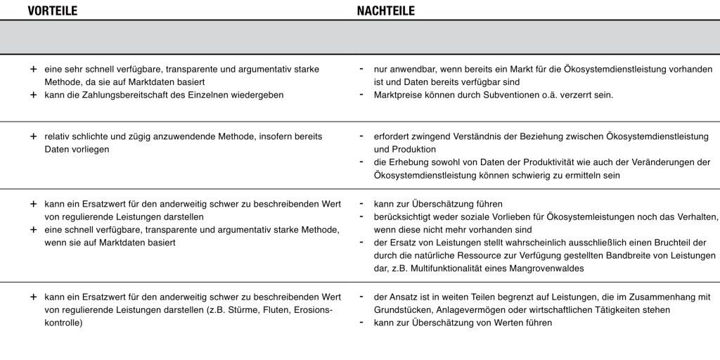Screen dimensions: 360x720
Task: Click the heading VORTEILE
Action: point(52,11)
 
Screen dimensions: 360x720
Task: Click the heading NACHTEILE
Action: point(385,11)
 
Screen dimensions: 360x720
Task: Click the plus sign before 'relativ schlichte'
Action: point(33,136)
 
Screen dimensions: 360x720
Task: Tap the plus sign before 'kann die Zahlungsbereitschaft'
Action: point(33,95)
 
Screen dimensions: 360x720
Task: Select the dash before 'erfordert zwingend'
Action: point(361,135)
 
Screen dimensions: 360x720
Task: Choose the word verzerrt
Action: point(575,95)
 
